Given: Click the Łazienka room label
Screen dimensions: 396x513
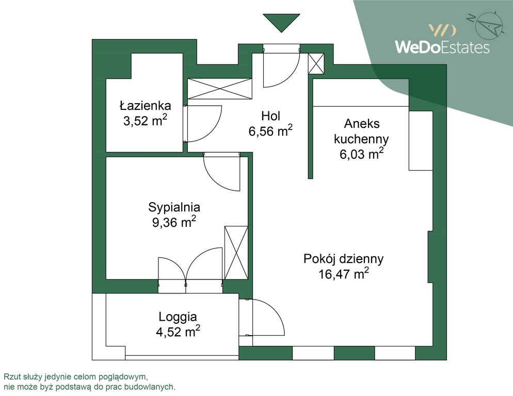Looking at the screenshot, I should click(145, 106).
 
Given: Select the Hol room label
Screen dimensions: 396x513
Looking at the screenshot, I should click(270, 115).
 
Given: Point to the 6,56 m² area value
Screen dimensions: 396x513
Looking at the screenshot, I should click(270, 131).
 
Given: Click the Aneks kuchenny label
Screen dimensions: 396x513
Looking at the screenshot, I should click(361, 131).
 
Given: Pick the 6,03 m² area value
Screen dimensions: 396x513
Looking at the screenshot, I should click(361, 154).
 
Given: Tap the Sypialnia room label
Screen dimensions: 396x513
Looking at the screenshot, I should click(174, 207).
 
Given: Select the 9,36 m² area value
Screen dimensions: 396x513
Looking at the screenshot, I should click(174, 223).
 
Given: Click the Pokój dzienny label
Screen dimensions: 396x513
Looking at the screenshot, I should click(343, 259).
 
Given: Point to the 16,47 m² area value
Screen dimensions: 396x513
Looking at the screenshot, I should click(343, 274).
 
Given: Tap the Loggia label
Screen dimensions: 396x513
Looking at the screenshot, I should click(178, 317).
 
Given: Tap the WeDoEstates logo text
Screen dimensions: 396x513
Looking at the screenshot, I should click(442, 47).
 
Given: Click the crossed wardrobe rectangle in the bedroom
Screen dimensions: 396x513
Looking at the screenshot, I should click(236, 252).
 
